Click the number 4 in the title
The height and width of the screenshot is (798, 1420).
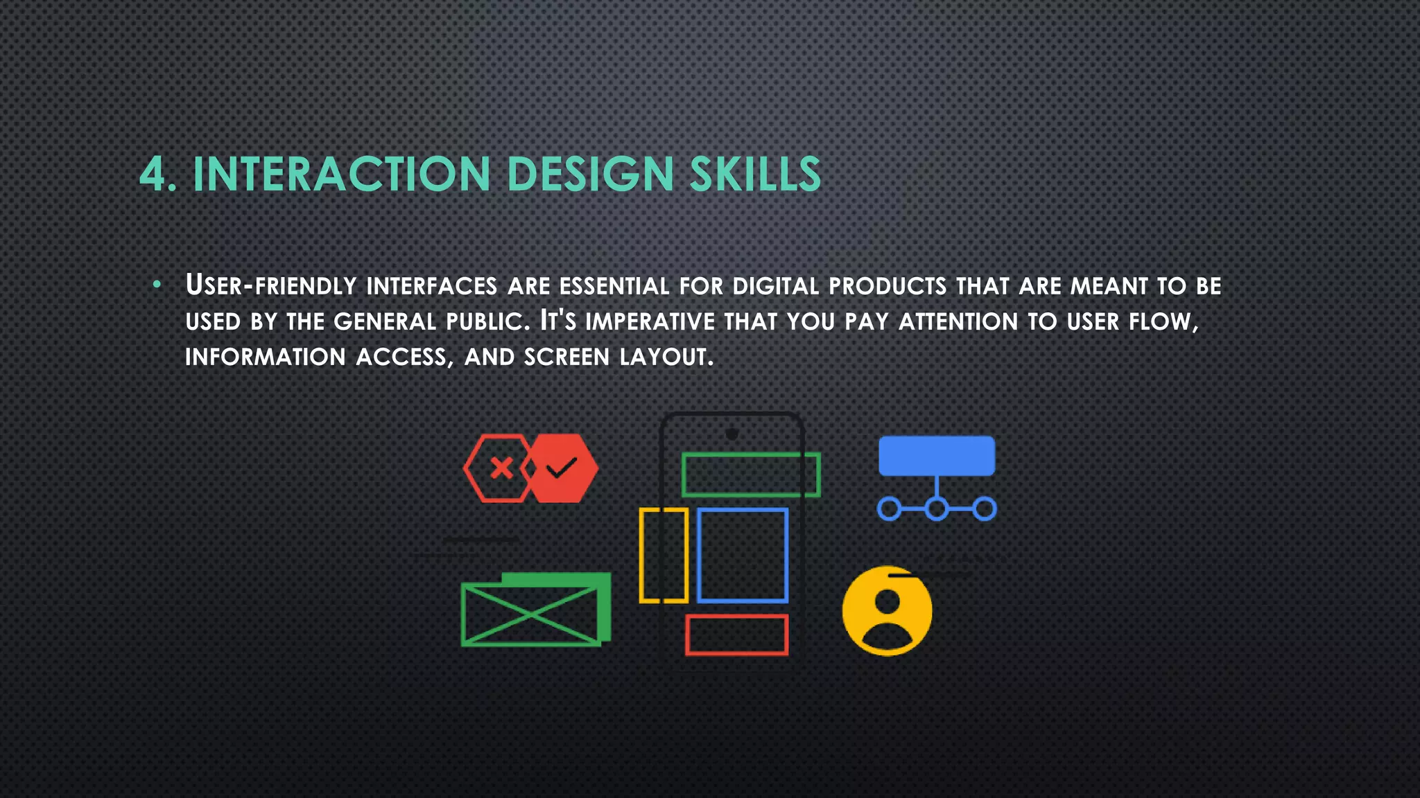(x=153, y=174)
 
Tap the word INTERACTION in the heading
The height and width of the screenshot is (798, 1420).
(x=342, y=174)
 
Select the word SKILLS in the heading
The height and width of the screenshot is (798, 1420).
(x=755, y=174)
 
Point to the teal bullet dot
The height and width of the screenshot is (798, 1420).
(x=157, y=284)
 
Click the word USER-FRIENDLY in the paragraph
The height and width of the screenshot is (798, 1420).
(x=270, y=285)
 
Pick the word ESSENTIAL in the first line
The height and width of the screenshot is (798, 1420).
(x=614, y=286)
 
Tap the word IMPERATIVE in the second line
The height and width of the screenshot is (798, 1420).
(x=650, y=321)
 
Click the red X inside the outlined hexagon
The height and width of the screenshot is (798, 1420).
(x=501, y=469)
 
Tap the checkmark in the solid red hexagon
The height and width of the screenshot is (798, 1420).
(x=562, y=469)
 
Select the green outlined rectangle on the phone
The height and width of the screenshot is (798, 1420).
(x=751, y=475)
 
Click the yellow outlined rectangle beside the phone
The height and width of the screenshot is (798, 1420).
(x=664, y=555)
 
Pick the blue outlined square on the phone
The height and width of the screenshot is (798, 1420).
(x=743, y=555)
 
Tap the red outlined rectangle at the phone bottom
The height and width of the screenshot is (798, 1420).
(x=737, y=635)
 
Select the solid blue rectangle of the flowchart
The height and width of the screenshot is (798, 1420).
(x=937, y=455)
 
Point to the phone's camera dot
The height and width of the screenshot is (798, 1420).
(x=731, y=434)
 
